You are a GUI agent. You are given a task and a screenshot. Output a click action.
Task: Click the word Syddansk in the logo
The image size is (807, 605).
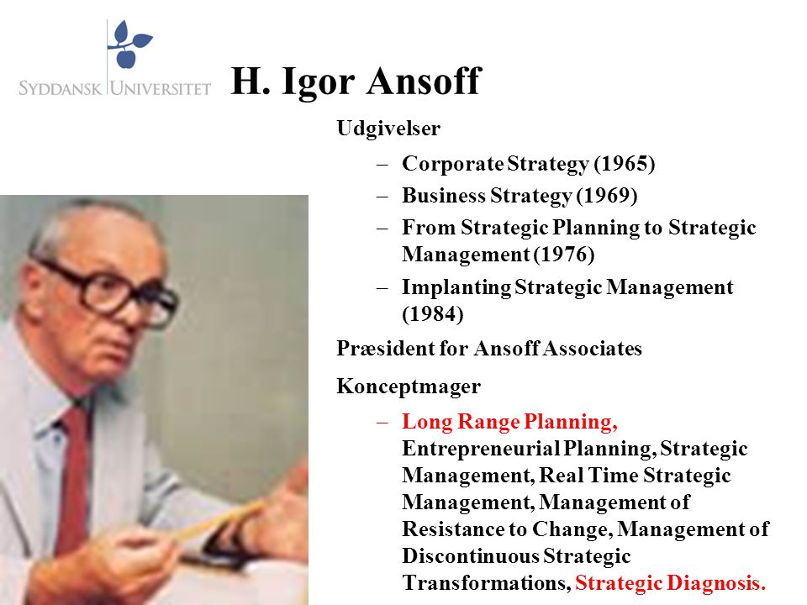coord(61,88)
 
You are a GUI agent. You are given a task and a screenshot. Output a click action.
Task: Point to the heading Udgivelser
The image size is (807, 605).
coord(388,128)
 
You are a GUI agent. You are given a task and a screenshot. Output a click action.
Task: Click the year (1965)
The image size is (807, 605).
coord(625,164)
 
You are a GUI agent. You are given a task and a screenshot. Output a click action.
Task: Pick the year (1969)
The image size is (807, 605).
coord(607,196)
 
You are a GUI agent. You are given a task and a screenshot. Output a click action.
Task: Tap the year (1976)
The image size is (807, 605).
coord(563,254)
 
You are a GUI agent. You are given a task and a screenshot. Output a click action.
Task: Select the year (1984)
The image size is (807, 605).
coord(433,313)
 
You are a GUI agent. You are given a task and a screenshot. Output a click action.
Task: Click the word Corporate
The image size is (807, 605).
coord(453,164)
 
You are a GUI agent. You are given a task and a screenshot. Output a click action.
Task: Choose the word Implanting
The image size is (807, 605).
coord(456,287)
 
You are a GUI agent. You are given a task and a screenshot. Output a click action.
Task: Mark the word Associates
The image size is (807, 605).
coord(592,348)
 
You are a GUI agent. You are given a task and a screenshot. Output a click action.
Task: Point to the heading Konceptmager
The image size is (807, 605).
coord(409,387)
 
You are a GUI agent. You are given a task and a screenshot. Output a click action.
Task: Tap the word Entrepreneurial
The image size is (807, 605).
coord(481,449)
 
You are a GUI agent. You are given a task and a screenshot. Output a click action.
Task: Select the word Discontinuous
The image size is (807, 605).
coord(471,556)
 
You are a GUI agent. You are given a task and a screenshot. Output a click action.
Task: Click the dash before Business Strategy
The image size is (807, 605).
coord(382,197)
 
